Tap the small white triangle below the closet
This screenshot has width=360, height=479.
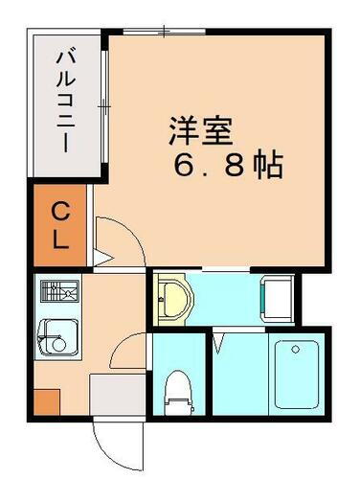[102, 258]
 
